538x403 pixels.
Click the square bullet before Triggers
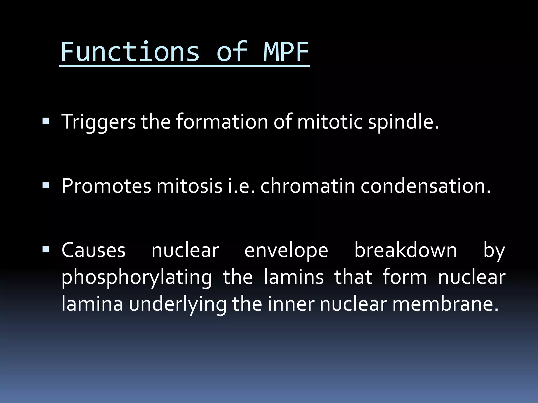click(45, 121)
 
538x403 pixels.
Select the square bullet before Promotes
click(45, 186)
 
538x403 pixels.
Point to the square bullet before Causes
click(45, 250)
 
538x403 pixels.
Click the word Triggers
click(99, 122)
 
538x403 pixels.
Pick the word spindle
click(403, 122)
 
